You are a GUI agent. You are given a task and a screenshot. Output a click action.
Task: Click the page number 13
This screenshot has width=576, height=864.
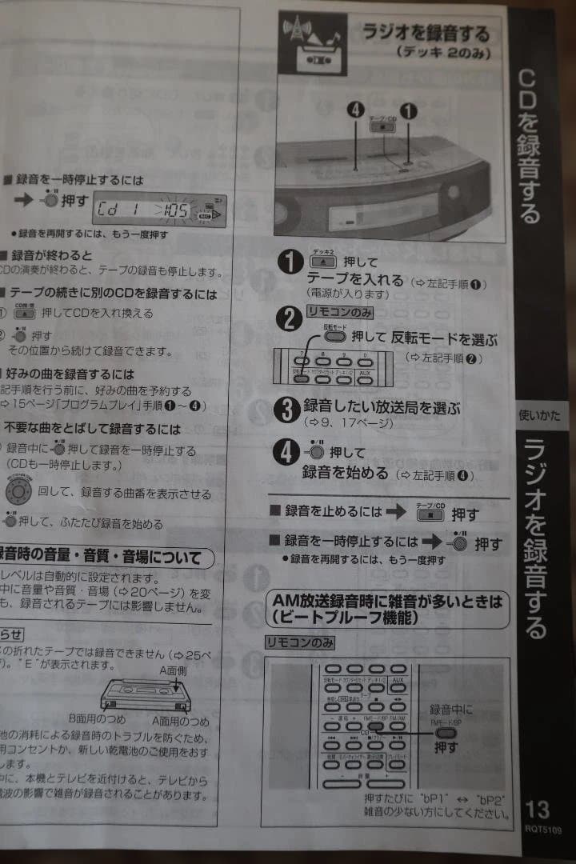point(538,807)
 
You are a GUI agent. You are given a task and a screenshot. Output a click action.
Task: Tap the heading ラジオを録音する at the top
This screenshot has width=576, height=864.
point(426,34)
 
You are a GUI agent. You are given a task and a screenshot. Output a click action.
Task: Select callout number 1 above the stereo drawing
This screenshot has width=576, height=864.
point(409,111)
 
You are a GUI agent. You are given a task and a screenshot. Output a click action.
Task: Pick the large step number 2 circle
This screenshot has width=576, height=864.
point(287,318)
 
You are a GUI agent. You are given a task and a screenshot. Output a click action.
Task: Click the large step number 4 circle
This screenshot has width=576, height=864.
point(286,454)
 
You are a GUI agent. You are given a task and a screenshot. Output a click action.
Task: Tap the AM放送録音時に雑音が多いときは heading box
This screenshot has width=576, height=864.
point(387,608)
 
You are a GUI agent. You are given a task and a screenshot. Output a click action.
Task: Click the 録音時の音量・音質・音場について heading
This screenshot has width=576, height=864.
point(104,556)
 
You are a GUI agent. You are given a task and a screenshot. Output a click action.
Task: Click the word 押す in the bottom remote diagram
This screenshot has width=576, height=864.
point(446,748)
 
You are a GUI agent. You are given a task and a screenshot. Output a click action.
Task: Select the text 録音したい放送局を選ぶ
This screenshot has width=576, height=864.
point(382,407)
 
